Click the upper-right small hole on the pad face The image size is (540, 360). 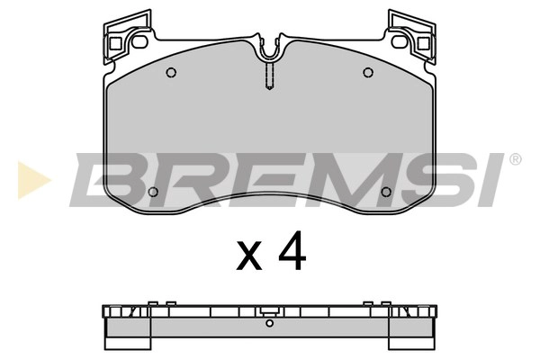pos(367,73)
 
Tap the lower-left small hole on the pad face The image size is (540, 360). pos(152,192)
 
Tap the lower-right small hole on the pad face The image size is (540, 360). pos(386,192)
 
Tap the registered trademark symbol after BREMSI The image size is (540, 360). pos(515,160)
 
